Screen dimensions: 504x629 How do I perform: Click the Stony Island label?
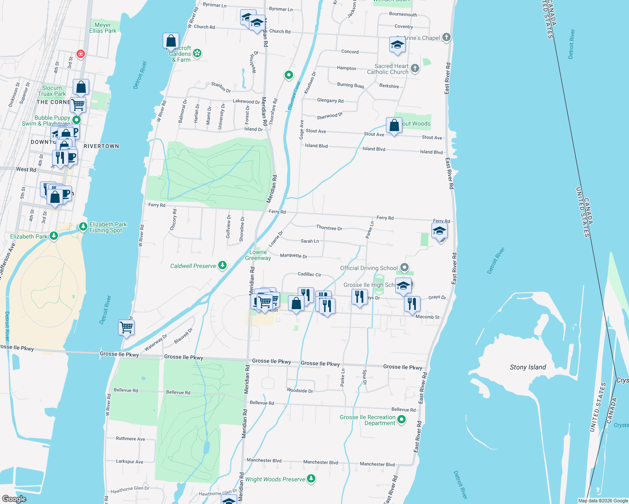coord(528,367)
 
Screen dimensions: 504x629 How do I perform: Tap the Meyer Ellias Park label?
coord(103,28)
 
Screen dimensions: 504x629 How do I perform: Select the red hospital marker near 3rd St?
coord(81,54)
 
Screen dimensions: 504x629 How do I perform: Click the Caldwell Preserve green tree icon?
coord(222,265)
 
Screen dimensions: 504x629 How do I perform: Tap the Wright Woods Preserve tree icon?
coord(311,479)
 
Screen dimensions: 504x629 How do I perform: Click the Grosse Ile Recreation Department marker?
coord(402,419)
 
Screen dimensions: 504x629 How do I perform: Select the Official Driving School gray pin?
coord(404,268)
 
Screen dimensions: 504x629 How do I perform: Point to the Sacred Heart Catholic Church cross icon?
coord(415,68)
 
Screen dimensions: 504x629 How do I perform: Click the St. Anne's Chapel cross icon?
coord(447,37)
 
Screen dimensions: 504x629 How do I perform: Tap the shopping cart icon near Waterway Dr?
coord(127,327)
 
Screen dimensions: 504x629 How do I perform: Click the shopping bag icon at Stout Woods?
coord(394,125)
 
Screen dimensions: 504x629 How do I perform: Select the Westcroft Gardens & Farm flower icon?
coord(197,53)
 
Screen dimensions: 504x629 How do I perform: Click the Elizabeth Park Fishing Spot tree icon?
coord(83,227)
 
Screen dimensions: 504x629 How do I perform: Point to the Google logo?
coord(14,499)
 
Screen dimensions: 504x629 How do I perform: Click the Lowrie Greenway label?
coord(258,255)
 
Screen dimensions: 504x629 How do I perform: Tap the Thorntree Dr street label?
coord(329,228)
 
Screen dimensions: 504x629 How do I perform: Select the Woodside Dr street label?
coord(300,391)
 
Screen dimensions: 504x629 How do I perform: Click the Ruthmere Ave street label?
coord(130,438)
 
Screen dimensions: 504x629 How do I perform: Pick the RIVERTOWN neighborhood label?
coord(101,146)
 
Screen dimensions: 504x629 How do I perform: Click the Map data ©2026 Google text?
coord(603,501)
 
